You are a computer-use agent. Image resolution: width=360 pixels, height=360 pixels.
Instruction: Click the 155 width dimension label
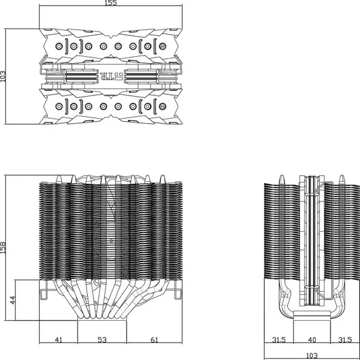click(x=111, y=3)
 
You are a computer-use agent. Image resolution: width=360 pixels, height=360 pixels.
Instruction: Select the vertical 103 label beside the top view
click(x=3, y=76)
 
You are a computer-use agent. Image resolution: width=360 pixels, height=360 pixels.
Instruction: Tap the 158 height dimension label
click(x=3, y=248)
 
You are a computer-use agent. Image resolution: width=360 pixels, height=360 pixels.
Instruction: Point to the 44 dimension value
click(x=13, y=300)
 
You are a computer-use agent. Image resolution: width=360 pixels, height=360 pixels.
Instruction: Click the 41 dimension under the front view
click(x=58, y=340)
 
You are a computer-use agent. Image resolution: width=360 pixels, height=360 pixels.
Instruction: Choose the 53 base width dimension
click(x=102, y=340)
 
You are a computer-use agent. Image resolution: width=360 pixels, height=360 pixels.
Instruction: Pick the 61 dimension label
click(x=154, y=340)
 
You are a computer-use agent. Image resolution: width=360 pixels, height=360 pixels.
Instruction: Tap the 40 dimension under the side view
click(x=312, y=340)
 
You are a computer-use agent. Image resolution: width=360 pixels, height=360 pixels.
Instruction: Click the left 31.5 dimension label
click(x=279, y=340)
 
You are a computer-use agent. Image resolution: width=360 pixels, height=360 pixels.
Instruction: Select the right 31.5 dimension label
click(x=345, y=340)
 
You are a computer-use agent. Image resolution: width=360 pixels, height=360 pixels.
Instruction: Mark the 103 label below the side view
click(x=312, y=356)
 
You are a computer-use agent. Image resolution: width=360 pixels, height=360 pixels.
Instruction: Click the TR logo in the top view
click(x=107, y=76)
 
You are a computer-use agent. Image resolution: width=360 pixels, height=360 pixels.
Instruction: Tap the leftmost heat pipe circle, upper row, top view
click(x=59, y=46)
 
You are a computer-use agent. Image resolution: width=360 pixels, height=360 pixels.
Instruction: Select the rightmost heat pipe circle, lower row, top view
click(x=162, y=106)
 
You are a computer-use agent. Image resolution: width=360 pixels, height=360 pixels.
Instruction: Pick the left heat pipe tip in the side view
click(x=282, y=179)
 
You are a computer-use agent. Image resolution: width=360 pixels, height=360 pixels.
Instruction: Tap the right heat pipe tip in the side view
click(x=342, y=179)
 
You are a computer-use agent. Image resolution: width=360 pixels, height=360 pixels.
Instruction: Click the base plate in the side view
click(x=312, y=315)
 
